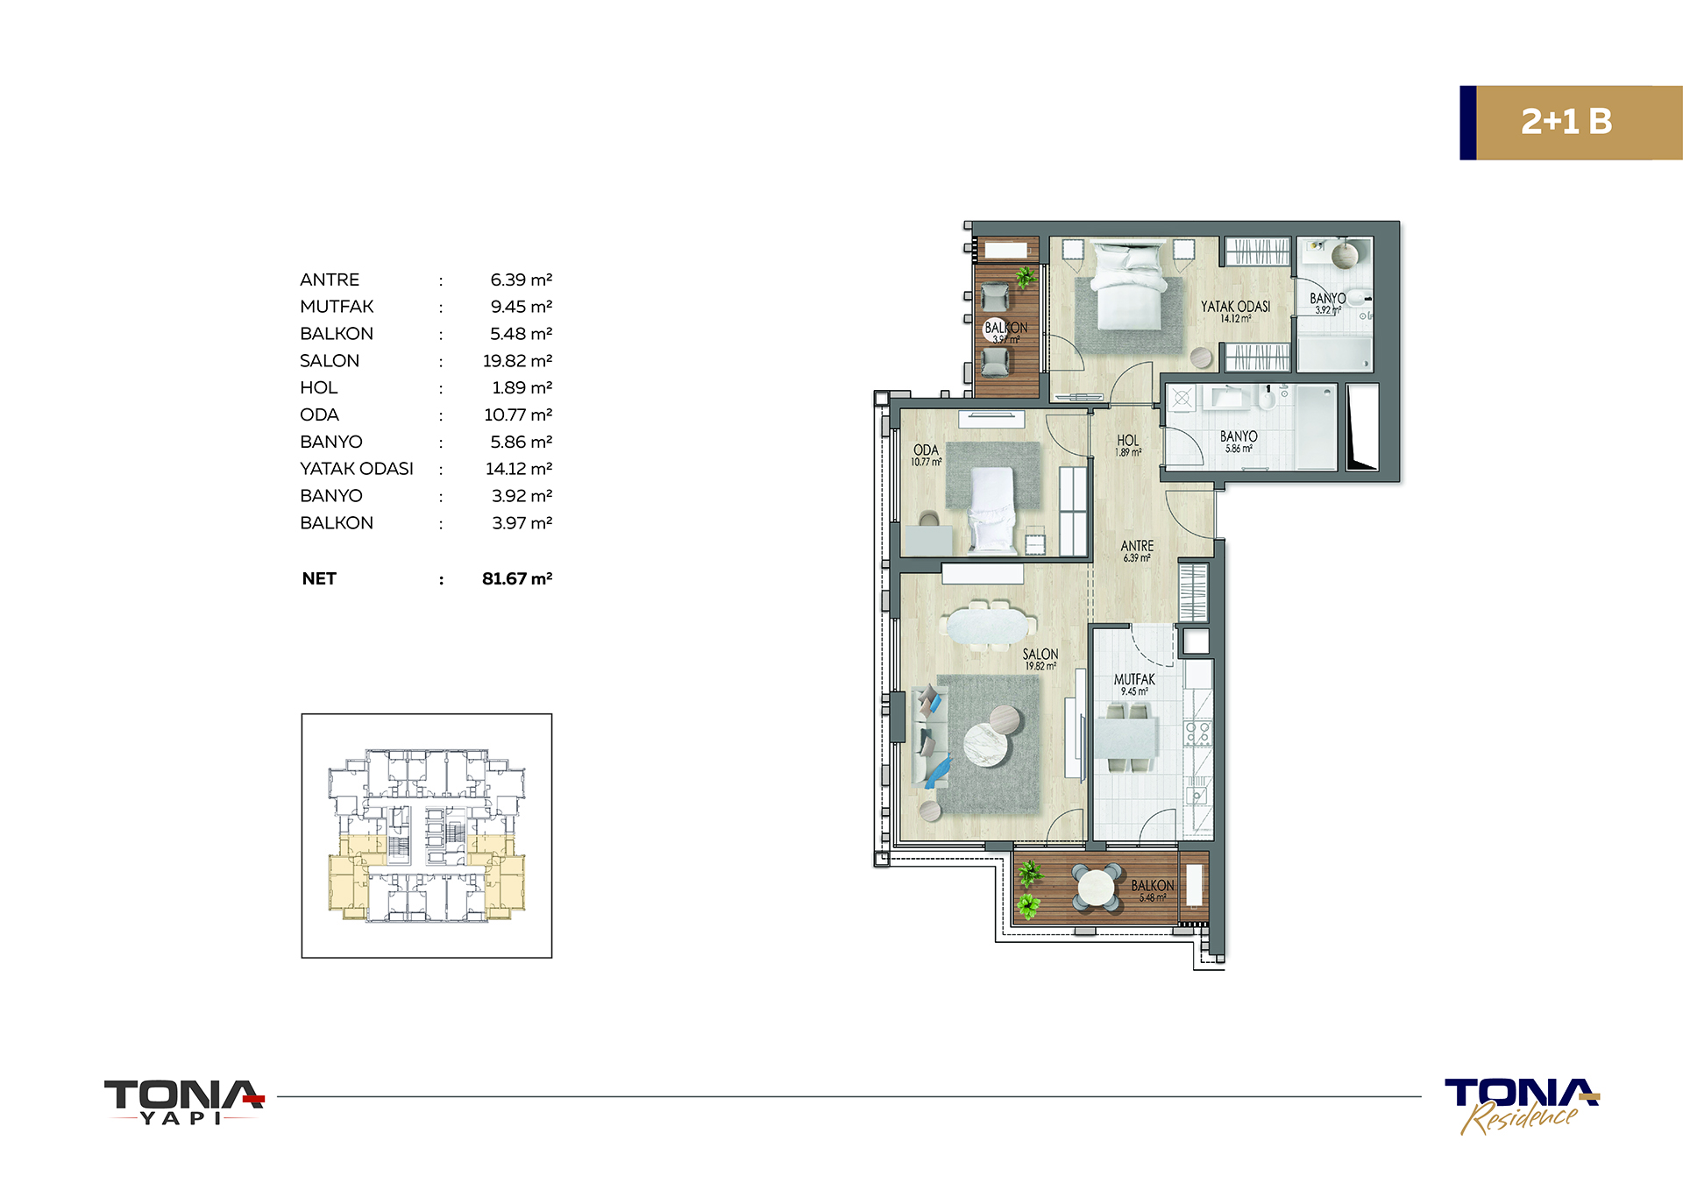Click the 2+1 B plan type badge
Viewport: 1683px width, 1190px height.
tap(1570, 123)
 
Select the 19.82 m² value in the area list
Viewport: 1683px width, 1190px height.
tap(517, 361)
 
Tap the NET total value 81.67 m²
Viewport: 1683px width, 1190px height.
tap(517, 578)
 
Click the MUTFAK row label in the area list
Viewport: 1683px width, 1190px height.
tap(337, 307)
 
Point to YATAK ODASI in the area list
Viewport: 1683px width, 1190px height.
tap(357, 469)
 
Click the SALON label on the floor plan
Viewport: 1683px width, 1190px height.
tap(1040, 655)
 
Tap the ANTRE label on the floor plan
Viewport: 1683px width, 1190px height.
tap(1137, 546)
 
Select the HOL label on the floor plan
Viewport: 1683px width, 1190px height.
tap(1128, 441)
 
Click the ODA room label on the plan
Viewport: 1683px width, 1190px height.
tap(926, 450)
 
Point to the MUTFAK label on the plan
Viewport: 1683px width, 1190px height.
tap(1134, 679)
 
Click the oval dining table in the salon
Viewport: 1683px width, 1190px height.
tap(990, 627)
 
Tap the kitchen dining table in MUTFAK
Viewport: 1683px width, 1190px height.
tap(1126, 738)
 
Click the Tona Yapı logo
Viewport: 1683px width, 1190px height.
tap(184, 1101)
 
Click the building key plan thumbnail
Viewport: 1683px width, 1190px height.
tap(427, 835)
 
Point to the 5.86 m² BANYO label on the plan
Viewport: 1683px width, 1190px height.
tap(1239, 442)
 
